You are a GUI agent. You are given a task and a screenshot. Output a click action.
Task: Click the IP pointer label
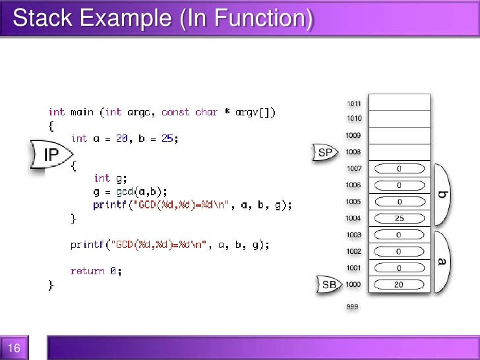[x=51, y=156]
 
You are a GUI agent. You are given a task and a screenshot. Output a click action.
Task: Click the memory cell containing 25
[x=399, y=218]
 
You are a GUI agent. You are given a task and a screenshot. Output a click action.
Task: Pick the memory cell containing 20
[x=399, y=284]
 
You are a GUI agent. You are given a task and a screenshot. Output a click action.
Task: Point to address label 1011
[x=353, y=103]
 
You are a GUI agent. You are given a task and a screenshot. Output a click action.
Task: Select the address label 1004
[x=353, y=218]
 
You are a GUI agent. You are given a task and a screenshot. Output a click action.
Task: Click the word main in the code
[x=82, y=112]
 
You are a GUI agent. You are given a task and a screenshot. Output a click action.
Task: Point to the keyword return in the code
[x=88, y=271]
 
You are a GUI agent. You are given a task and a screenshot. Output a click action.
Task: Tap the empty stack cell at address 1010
[x=399, y=119]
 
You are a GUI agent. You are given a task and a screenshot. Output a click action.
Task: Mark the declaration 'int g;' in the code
[x=110, y=178]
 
